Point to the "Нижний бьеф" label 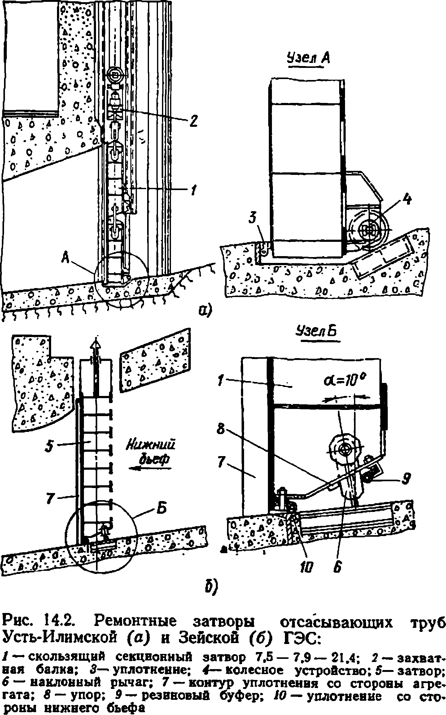point(151,452)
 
